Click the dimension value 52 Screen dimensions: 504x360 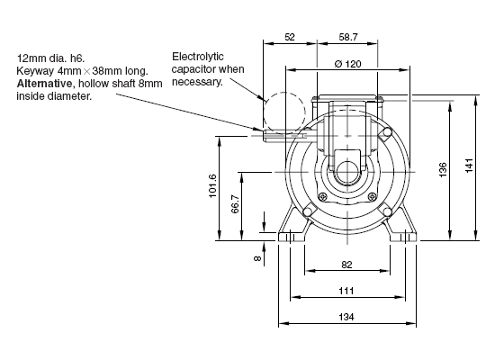[x=290, y=37]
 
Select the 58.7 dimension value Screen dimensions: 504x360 [x=348, y=37]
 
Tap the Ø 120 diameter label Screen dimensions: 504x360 [x=348, y=64]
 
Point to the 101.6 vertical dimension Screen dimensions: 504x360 [x=212, y=185]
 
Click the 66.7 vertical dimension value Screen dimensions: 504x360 [x=235, y=203]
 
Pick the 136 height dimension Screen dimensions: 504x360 [x=443, y=170]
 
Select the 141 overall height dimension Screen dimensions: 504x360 [x=469, y=166]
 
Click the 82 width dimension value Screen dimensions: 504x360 [x=346, y=265]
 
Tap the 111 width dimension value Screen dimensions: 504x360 [x=346, y=291]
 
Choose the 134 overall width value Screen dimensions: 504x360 [x=346, y=317]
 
